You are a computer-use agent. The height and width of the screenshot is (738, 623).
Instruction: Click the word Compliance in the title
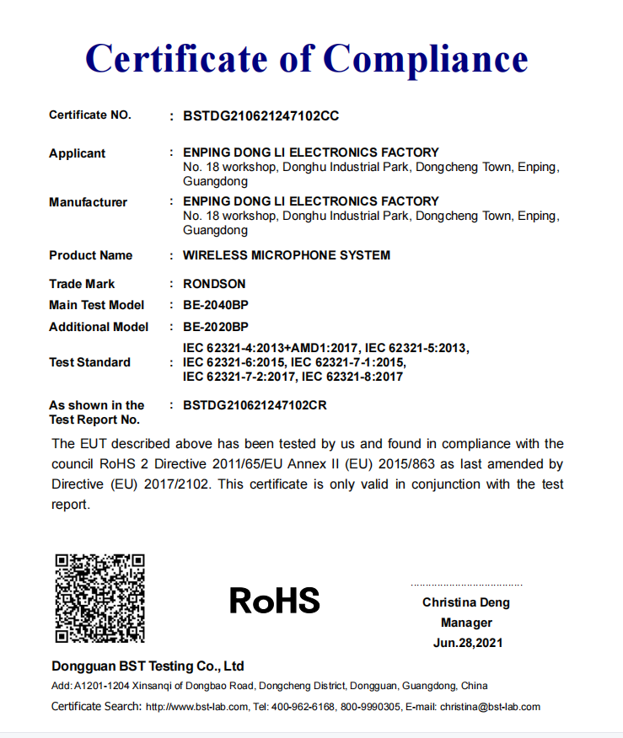(426, 58)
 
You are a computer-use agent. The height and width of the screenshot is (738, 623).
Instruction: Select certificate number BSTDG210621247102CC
(260, 115)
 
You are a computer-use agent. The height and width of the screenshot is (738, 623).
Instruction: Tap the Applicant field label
(78, 153)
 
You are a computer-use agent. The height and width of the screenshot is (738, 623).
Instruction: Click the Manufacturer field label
(89, 202)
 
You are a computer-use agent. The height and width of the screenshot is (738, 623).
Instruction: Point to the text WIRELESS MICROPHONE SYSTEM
(287, 255)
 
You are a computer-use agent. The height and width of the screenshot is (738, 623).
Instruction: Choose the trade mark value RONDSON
(214, 284)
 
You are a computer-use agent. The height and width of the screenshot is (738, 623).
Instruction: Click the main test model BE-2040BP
(216, 305)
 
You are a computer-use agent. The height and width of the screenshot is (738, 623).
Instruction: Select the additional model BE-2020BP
(216, 327)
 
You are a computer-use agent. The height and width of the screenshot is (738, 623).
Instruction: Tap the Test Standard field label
(90, 362)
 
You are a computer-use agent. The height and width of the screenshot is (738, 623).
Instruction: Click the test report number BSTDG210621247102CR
(255, 405)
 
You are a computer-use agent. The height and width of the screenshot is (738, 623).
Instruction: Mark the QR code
(99, 598)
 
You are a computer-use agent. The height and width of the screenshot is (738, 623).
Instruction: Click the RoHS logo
(275, 601)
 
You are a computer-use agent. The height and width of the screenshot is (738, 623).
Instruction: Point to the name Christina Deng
(466, 602)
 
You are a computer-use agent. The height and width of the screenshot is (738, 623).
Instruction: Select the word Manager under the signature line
(466, 623)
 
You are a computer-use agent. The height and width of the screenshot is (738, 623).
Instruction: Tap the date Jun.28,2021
(466, 643)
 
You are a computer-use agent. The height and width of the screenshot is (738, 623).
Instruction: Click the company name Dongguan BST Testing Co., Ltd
(148, 666)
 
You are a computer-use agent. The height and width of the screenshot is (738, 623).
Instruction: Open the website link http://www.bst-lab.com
(197, 707)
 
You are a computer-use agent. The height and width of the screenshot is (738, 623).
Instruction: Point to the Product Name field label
(91, 255)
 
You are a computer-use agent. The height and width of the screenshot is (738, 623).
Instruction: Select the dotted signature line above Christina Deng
(466, 585)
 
